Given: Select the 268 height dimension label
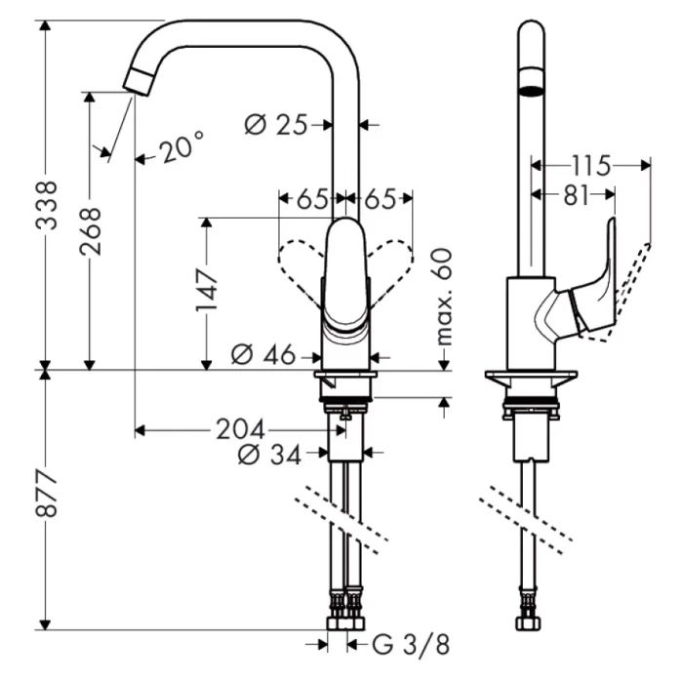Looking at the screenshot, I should pyautogui.click(x=91, y=230).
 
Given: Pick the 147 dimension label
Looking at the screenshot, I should pyautogui.click(x=206, y=290).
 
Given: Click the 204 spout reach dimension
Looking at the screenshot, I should pyautogui.click(x=240, y=429).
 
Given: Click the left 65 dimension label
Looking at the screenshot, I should pyautogui.click(x=311, y=199).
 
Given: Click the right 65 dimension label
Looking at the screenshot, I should pyautogui.click(x=381, y=199).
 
